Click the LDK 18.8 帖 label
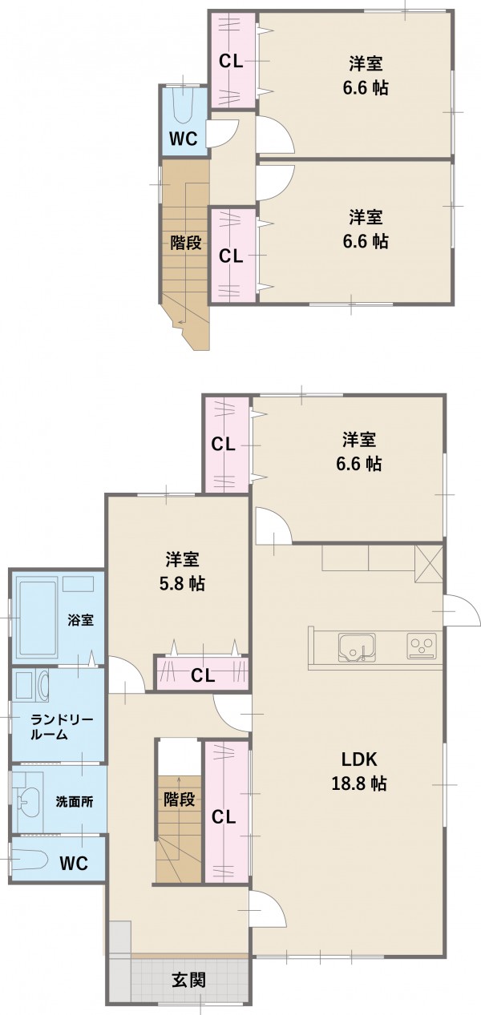359,771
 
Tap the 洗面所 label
75,802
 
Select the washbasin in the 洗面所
28,802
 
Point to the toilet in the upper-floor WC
184,105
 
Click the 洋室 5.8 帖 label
182,571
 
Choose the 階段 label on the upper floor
186,243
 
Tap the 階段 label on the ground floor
180,800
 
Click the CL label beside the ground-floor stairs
224,817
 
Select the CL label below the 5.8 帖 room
203,676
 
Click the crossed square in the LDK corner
428,564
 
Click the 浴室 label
81,620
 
